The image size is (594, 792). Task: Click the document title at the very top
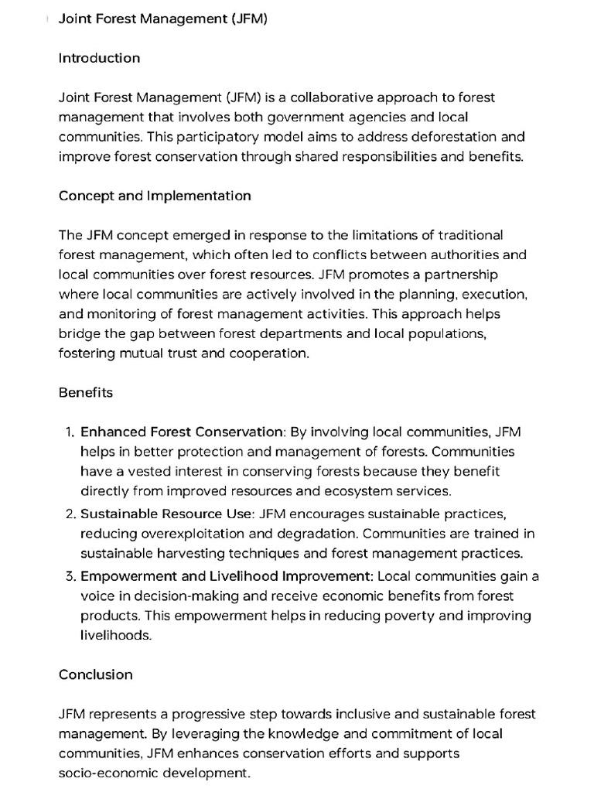tap(163, 19)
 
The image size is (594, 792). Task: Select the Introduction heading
tap(99, 58)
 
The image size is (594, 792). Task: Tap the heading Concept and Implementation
tap(155, 196)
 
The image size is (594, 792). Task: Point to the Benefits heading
tap(86, 392)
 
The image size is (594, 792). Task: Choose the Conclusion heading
tap(96, 674)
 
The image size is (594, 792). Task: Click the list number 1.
tap(69, 432)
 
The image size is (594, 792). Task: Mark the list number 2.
tap(69, 514)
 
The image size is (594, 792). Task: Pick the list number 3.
tap(69, 576)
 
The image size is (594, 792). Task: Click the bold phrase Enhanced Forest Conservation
tap(182, 432)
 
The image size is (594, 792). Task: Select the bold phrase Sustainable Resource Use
tap(166, 514)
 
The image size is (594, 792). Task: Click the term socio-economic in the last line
tap(104, 773)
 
